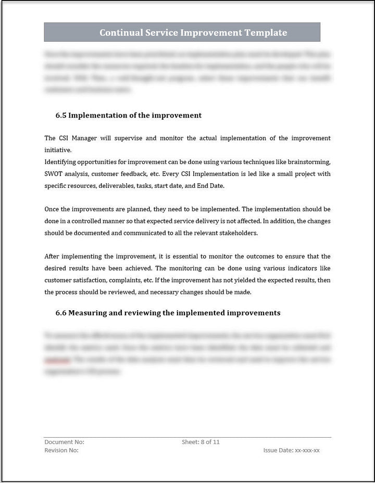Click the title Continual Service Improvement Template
pyautogui.click(x=193, y=33)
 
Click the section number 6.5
pyautogui.click(x=61, y=115)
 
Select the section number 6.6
pyautogui.click(x=61, y=313)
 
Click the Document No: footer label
pyautogui.click(x=64, y=442)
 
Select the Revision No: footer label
pyautogui.click(x=61, y=450)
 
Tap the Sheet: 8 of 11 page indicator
pyautogui.click(x=201, y=442)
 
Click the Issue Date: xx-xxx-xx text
pyautogui.click(x=292, y=450)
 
